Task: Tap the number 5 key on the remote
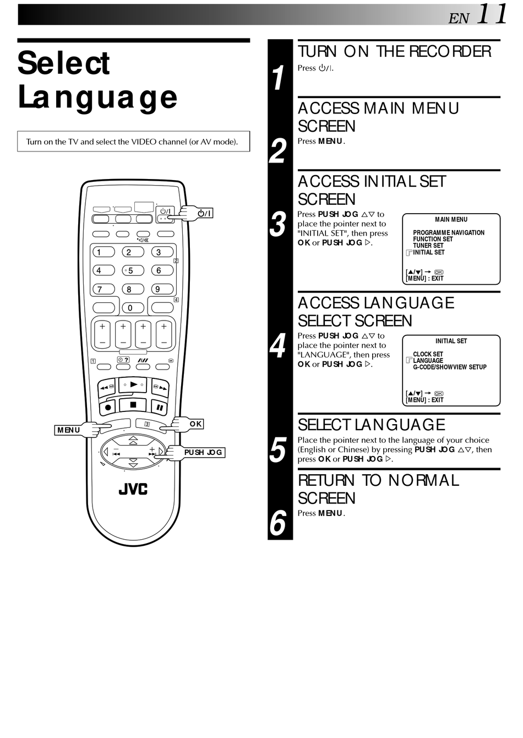click(132, 270)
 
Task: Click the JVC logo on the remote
click(133, 489)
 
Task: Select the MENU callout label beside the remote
click(68, 430)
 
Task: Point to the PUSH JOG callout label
click(203, 452)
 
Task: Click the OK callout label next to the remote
click(195, 424)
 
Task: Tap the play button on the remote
click(133, 384)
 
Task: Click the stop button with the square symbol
click(133, 405)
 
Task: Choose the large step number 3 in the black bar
click(279, 224)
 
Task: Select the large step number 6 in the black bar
click(279, 522)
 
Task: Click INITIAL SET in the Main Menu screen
click(429, 252)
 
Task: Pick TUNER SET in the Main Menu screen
click(428, 246)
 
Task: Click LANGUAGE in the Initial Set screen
click(428, 361)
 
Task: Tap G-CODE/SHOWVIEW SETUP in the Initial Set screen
click(450, 367)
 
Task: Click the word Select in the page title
click(64, 63)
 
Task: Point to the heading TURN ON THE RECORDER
click(394, 52)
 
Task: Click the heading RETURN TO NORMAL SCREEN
click(378, 489)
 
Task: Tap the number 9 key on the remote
click(158, 289)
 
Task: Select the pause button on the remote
click(159, 408)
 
